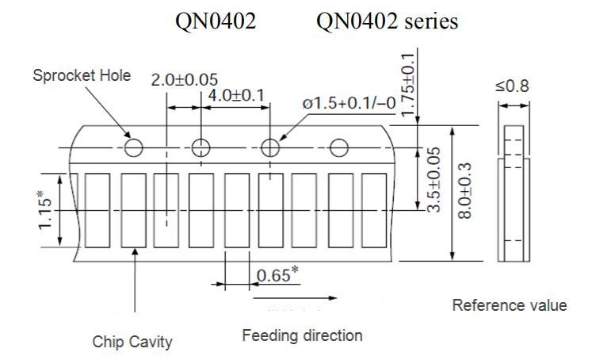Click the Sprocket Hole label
pos(82,76)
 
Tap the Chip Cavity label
pos(132,343)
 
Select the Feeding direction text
pos(302,335)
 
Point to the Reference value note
pos(510,305)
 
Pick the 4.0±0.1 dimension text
pos(235,96)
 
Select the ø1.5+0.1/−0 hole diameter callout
pos(349,104)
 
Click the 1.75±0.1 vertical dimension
pos(409,86)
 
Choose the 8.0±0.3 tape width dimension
pos(466,190)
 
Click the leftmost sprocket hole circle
pos(133,147)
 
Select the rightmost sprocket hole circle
pos(339,147)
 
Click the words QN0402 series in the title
pos(387,21)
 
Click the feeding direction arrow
pos(293,300)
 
